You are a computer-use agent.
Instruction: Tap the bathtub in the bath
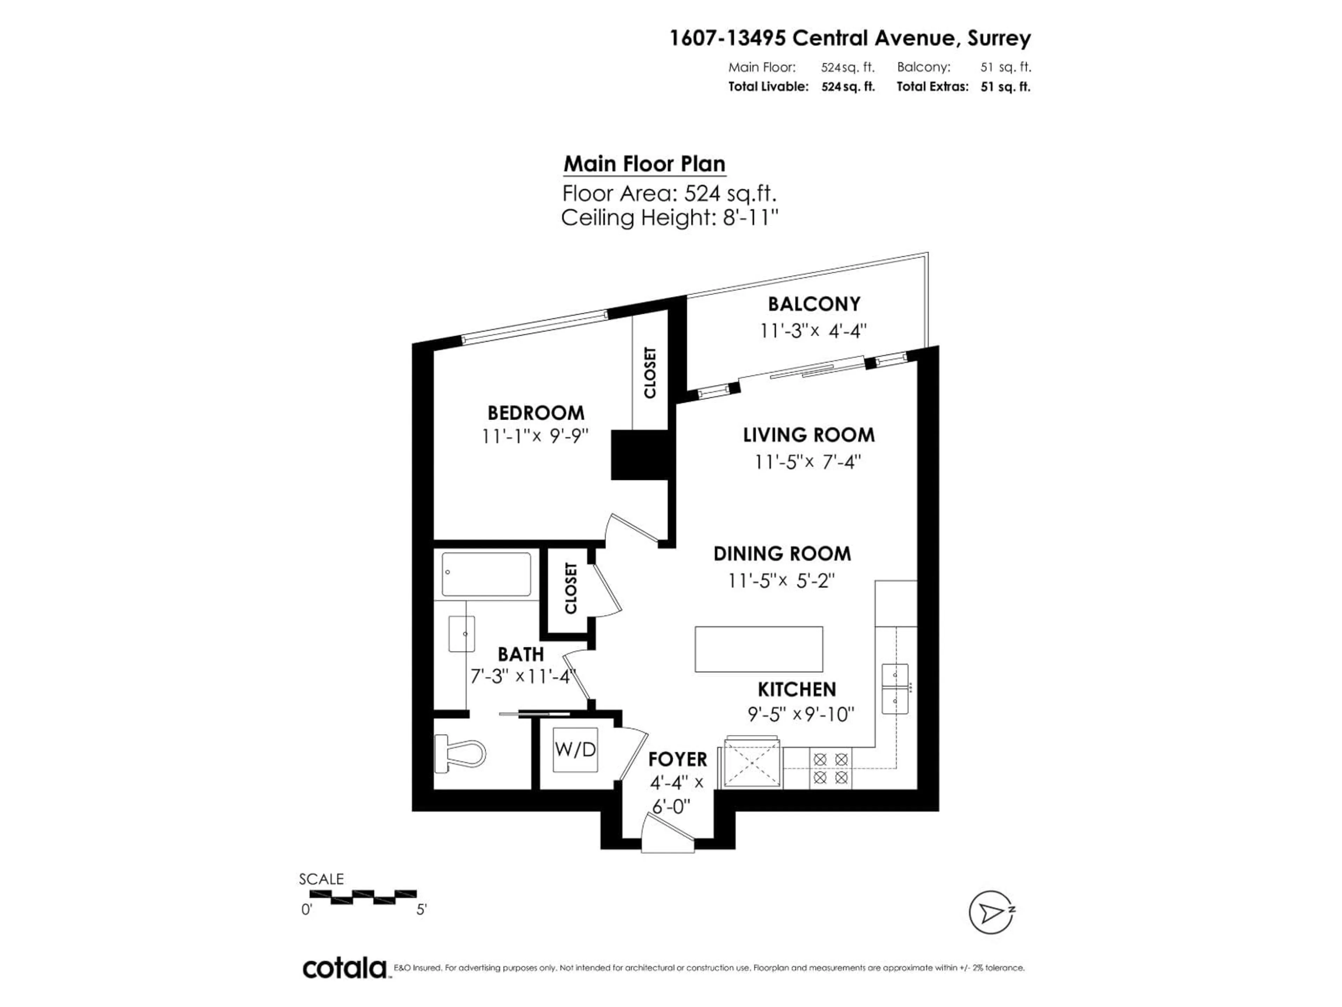(x=486, y=574)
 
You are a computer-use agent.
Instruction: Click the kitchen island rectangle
(x=758, y=649)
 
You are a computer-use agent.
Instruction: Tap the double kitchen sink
(x=895, y=688)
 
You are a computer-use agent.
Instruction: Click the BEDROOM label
(x=536, y=413)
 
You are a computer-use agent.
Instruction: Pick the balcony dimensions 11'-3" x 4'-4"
(x=813, y=331)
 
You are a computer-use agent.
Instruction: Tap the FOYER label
(x=677, y=759)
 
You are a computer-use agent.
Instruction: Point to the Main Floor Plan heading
(x=644, y=164)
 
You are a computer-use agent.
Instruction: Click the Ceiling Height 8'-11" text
(x=669, y=217)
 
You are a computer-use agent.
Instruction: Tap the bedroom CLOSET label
(x=650, y=373)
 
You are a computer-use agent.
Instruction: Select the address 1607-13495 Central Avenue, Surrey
(x=849, y=38)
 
